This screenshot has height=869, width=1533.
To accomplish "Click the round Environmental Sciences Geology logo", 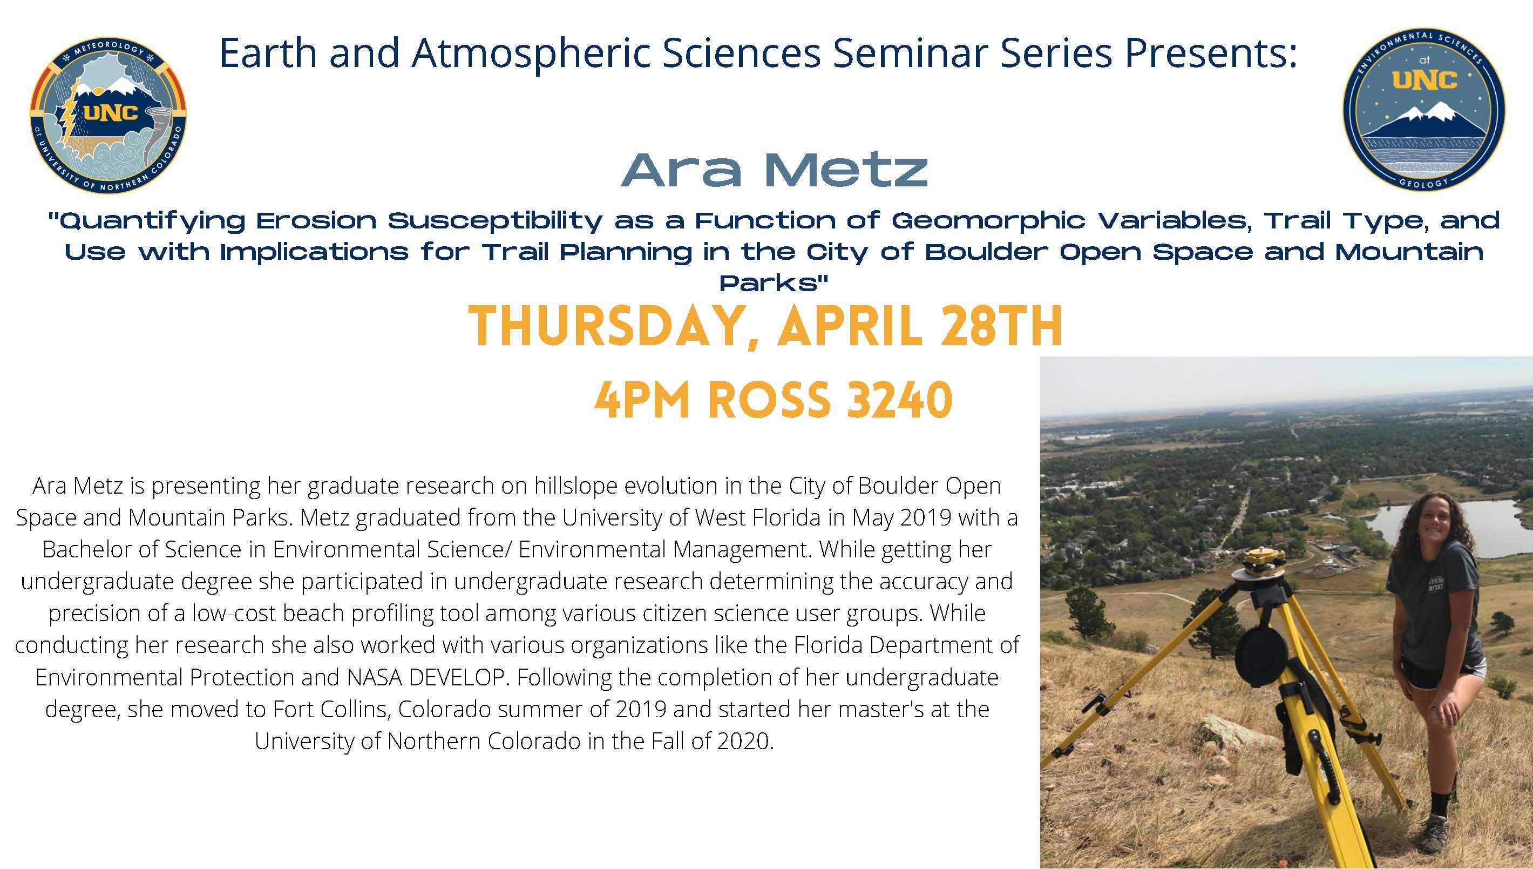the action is (x=1425, y=109).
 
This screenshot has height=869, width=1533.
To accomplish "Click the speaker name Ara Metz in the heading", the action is (x=774, y=170).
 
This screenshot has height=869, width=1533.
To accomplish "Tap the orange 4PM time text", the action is (x=642, y=400).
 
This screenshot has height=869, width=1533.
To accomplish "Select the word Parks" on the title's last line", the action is (x=774, y=283).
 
